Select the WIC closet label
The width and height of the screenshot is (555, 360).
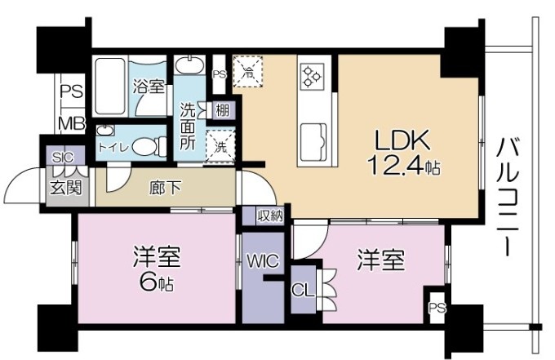coord(263,261)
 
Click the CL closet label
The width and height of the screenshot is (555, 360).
coord(301,289)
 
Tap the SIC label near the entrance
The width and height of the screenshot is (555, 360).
coord(62,158)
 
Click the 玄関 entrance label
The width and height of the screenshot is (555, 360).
coord(60,185)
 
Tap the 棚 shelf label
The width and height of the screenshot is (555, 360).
coord(221,110)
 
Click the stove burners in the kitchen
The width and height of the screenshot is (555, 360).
coord(312,75)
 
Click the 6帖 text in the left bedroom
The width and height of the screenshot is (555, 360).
coord(155,283)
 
